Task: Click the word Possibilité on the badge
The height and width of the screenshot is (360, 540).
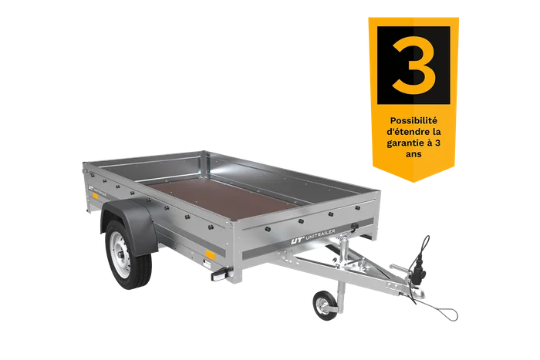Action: [x=413, y=121]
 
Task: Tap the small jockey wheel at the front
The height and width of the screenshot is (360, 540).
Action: [x=322, y=305]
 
